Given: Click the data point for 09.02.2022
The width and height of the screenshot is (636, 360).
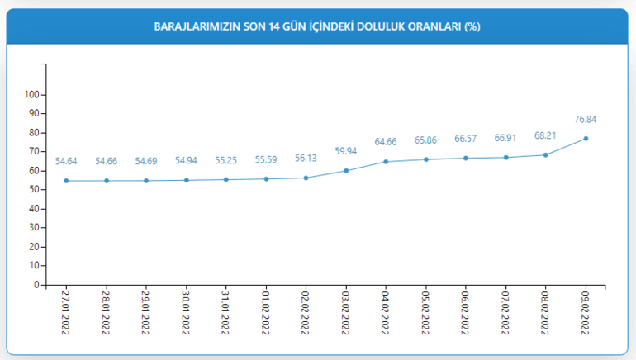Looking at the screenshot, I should (586, 138).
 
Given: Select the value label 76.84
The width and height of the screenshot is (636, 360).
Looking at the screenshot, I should (586, 120).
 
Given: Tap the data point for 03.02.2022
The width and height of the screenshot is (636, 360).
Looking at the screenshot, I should (346, 170).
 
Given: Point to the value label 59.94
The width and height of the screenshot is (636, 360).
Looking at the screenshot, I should (346, 152).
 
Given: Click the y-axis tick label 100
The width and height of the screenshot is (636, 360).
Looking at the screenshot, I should (31, 94).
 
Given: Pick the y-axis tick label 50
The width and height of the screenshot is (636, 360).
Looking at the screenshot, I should (34, 189).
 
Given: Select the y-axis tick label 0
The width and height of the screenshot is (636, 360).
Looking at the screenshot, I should (36, 285).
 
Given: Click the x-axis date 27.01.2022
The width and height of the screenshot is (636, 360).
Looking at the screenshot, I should (66, 311).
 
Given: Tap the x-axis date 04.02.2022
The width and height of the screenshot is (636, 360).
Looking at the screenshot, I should (386, 311).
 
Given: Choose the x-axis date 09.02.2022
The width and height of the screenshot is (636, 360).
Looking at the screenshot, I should (586, 311).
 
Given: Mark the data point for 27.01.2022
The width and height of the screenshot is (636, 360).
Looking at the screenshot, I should (66, 181).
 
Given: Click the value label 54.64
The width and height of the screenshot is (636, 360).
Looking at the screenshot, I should (66, 162).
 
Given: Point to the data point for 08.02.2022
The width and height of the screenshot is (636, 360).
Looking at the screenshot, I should (546, 154).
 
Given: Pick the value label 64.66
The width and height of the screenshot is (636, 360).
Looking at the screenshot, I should (386, 143).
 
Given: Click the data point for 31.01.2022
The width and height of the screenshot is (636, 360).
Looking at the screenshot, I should (226, 179).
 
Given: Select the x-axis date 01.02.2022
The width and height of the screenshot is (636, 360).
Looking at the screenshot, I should (266, 311).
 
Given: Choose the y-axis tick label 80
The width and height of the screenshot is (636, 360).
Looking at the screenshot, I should (34, 132).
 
